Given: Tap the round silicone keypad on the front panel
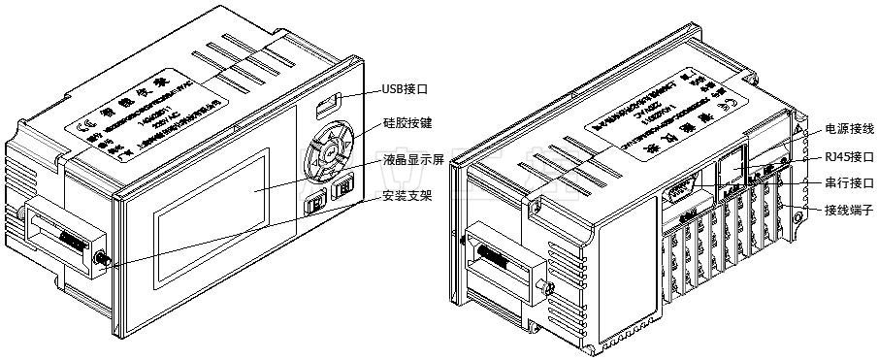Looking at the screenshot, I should [328, 152].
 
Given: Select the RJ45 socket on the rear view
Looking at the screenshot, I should [732, 166].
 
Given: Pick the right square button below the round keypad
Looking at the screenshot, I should [342, 191].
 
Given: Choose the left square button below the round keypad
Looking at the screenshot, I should [315, 205].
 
